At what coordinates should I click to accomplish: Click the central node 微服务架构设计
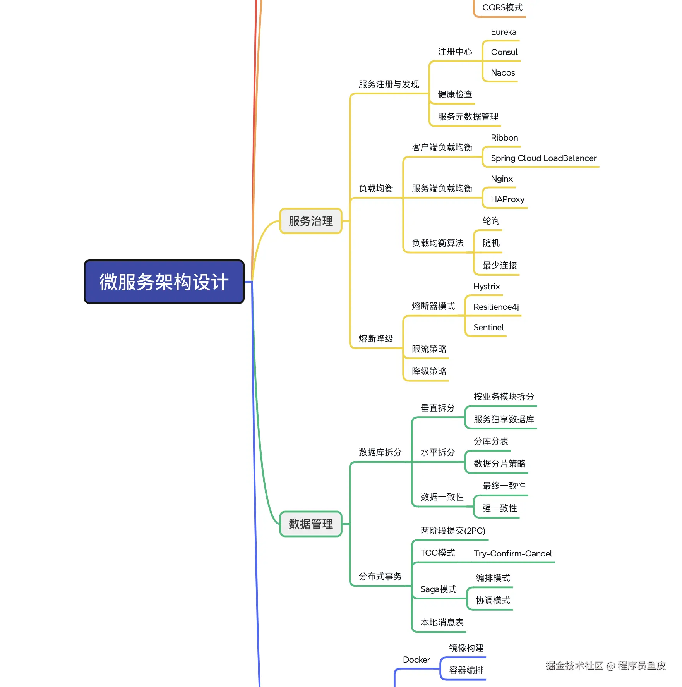point(164,282)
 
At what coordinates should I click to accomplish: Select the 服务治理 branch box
point(311,221)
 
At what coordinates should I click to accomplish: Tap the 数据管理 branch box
point(311,524)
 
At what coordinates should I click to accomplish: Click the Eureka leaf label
point(504,32)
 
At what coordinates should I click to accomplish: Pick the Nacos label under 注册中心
point(503,73)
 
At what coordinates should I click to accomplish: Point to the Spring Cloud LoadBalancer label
point(543,158)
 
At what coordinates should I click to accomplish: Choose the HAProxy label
point(507,199)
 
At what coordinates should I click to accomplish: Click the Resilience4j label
point(496,307)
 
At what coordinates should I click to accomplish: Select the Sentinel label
point(488,328)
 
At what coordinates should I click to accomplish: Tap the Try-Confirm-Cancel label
point(513,554)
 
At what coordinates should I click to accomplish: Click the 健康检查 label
point(455,94)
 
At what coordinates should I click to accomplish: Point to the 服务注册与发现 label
point(389,84)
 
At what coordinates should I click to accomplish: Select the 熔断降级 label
point(376,339)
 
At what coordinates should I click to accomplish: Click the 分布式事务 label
point(380,577)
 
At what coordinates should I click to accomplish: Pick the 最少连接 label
point(500,266)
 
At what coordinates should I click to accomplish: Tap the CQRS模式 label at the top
point(502,8)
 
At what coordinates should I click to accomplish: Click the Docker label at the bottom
point(416,660)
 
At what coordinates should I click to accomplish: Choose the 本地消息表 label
point(442,623)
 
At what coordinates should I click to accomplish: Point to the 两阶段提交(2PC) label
point(453,531)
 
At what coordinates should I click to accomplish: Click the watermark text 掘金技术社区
point(574,666)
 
